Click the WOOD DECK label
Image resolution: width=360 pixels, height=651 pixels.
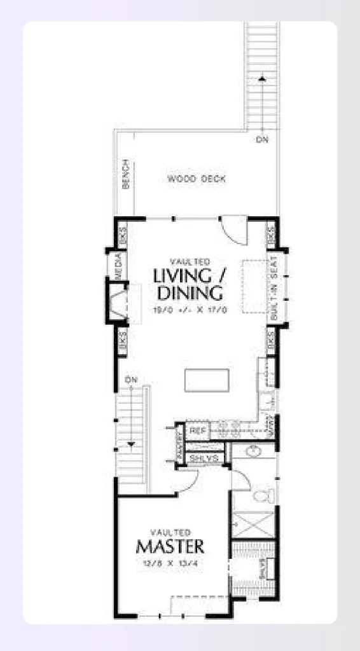pyautogui.click(x=197, y=179)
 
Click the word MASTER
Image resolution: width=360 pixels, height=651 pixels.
pyautogui.click(x=170, y=546)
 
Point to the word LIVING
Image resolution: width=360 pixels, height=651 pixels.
pyautogui.click(x=182, y=277)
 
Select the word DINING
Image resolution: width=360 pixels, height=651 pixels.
pyautogui.click(x=190, y=294)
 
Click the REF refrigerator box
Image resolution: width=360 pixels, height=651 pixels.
pyautogui.click(x=197, y=430)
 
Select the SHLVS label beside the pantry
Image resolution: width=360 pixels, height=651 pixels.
pyautogui.click(x=204, y=458)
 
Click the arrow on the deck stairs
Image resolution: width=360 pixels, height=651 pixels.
pyautogui.click(x=261, y=79)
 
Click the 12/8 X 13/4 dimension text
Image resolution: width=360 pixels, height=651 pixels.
pyautogui.click(x=170, y=563)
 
